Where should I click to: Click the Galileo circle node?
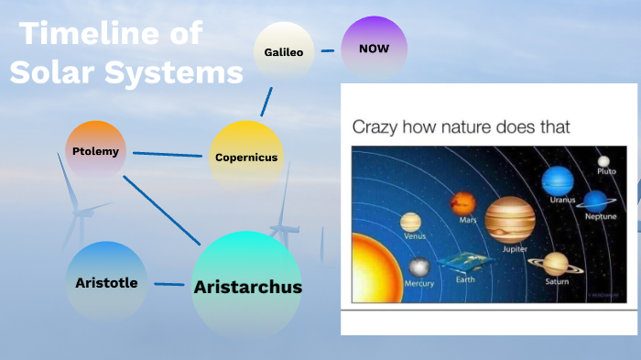click(x=284, y=52)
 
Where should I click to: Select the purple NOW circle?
click(x=374, y=48)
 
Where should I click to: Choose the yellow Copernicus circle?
click(x=245, y=156)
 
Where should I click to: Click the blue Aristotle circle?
click(x=106, y=282)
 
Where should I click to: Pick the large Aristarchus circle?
click(x=247, y=286)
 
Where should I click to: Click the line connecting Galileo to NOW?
click(x=328, y=51)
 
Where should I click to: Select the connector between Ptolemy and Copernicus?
click(x=168, y=154)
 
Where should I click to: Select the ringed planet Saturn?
click(x=556, y=264)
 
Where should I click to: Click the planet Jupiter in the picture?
click(x=509, y=219)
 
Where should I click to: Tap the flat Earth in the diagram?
click(x=465, y=263)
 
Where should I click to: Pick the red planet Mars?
click(x=462, y=202)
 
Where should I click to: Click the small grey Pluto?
click(x=604, y=161)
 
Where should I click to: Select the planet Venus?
click(x=411, y=223)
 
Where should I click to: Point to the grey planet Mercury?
click(x=418, y=267)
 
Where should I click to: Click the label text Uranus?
click(x=562, y=200)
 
